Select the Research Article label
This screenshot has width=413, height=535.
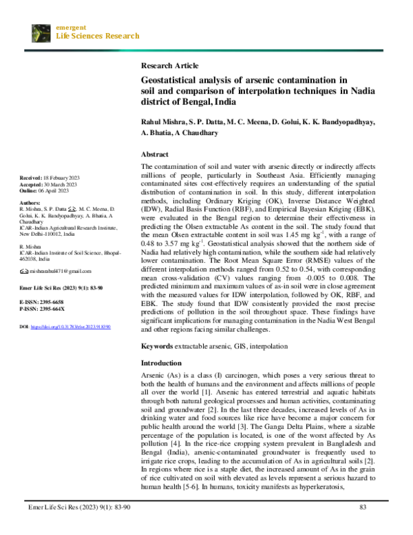click(169, 65)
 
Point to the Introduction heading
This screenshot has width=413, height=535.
click(162, 363)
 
